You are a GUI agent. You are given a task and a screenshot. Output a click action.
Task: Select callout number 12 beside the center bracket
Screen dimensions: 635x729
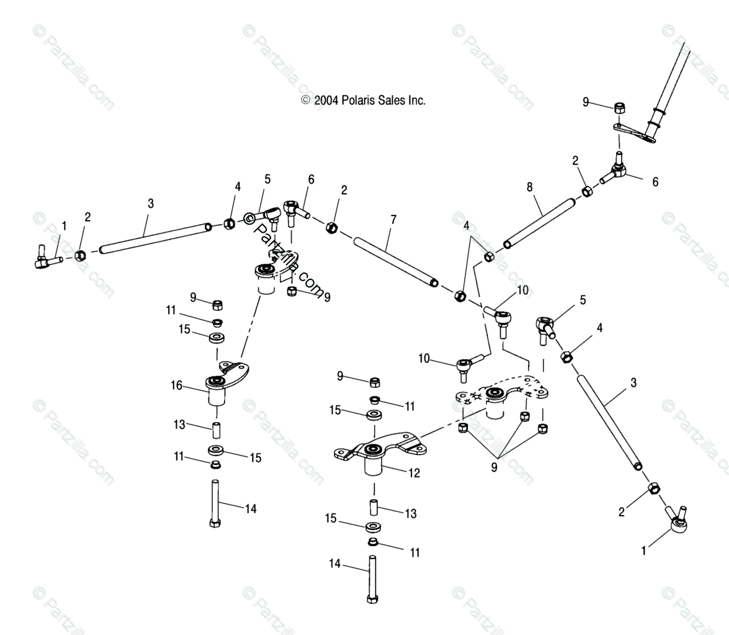coord(414,473)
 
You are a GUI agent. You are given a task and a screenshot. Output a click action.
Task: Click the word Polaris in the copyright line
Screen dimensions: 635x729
coord(358,100)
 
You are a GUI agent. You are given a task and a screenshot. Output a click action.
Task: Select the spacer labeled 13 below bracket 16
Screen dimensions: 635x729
coord(216,430)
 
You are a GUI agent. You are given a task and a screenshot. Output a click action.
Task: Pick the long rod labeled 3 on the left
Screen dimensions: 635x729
coord(153,238)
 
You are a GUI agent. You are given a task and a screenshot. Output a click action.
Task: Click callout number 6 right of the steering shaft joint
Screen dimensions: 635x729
coord(655,182)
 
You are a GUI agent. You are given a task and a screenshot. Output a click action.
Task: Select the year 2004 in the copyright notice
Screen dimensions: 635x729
coord(327,100)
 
